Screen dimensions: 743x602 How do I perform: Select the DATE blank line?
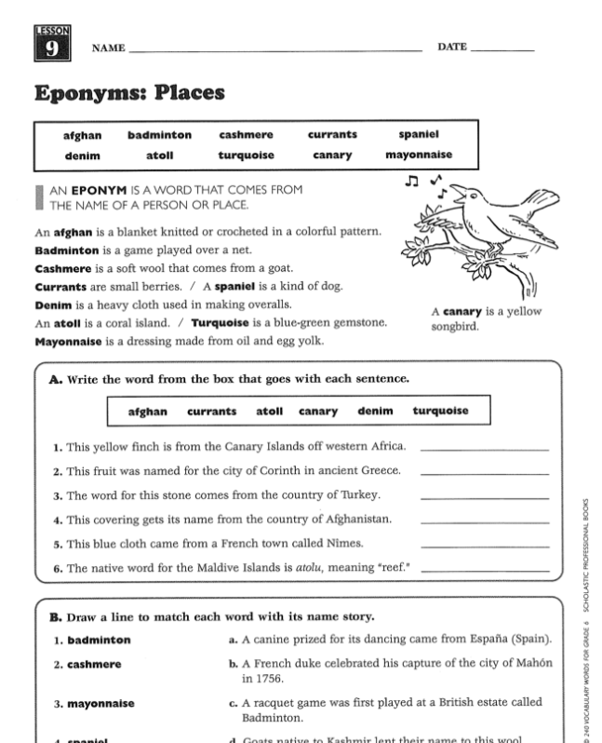tap(503, 48)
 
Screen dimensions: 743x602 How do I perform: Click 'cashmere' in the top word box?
tap(246, 135)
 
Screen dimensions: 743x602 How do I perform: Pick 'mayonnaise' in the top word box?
tap(419, 155)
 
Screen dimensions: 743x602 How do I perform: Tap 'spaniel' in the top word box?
tap(419, 135)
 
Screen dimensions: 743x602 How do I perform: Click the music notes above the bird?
tap(424, 180)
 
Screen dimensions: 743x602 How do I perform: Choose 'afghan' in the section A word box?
tap(147, 411)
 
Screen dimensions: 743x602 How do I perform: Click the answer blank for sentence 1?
tap(484, 449)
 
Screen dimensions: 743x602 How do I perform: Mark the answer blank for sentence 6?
tap(484, 570)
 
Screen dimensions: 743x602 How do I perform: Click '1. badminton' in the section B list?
tap(91, 640)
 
